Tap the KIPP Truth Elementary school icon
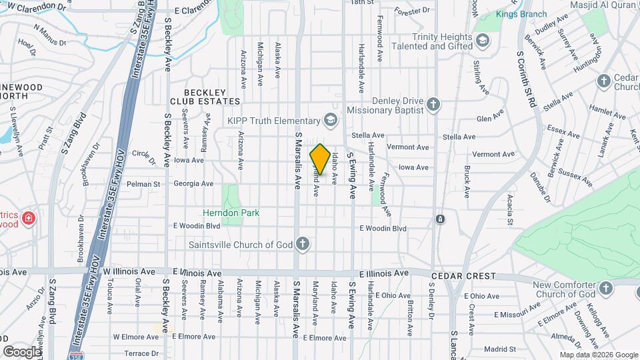coord(329,120)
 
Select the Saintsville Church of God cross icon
coord(303,244)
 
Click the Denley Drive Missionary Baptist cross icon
coord(433,104)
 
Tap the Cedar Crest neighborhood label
coord(463,276)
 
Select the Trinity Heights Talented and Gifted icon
coord(481,42)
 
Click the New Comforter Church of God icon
coord(605,288)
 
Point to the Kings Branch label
coord(521,14)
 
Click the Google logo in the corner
coord(23,351)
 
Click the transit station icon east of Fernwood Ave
coord(440,219)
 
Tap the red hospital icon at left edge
coord(28,218)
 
